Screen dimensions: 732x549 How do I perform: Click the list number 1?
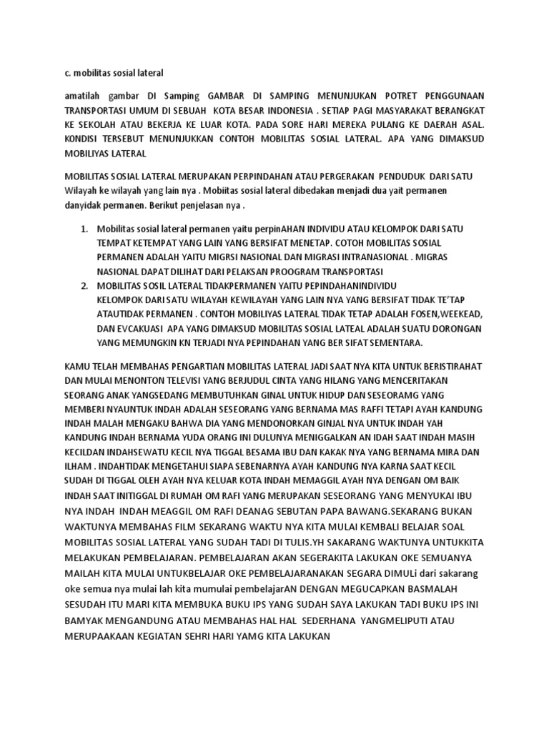click(x=84, y=229)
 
